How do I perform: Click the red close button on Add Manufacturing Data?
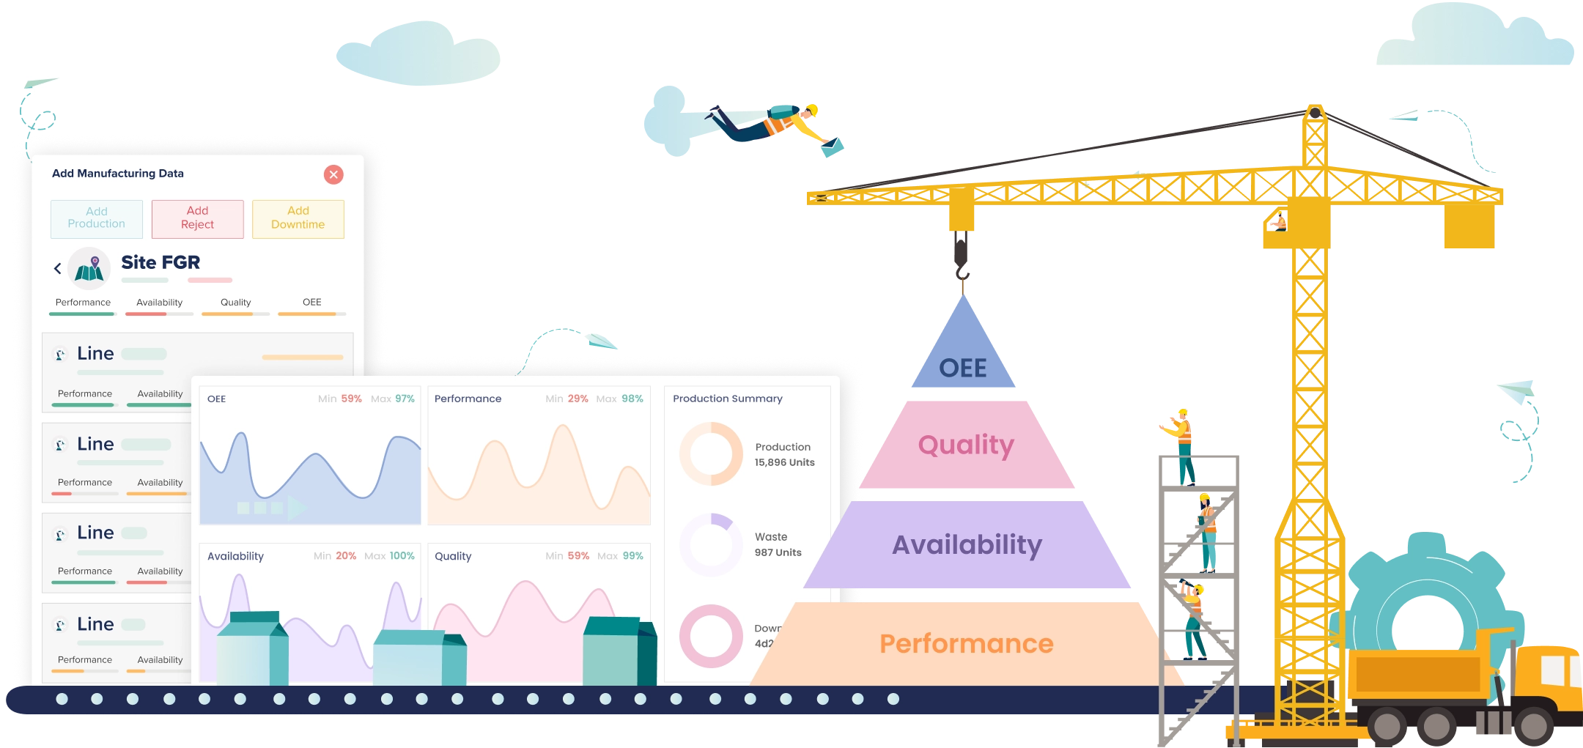(333, 174)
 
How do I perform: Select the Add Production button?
(97, 218)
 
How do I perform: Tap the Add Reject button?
(197, 218)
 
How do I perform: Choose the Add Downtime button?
(298, 218)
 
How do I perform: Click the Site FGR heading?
(160, 262)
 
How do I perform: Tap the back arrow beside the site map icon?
(58, 268)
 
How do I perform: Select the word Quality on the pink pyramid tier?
(966, 445)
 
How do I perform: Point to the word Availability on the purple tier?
(967, 545)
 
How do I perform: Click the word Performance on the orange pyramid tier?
(966, 644)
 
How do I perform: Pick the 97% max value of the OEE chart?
(405, 399)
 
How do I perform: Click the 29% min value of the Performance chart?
(578, 399)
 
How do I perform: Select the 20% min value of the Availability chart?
(346, 556)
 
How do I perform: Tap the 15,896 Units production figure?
(784, 462)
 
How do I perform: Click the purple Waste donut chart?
(711, 545)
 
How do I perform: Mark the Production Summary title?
(727, 399)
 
